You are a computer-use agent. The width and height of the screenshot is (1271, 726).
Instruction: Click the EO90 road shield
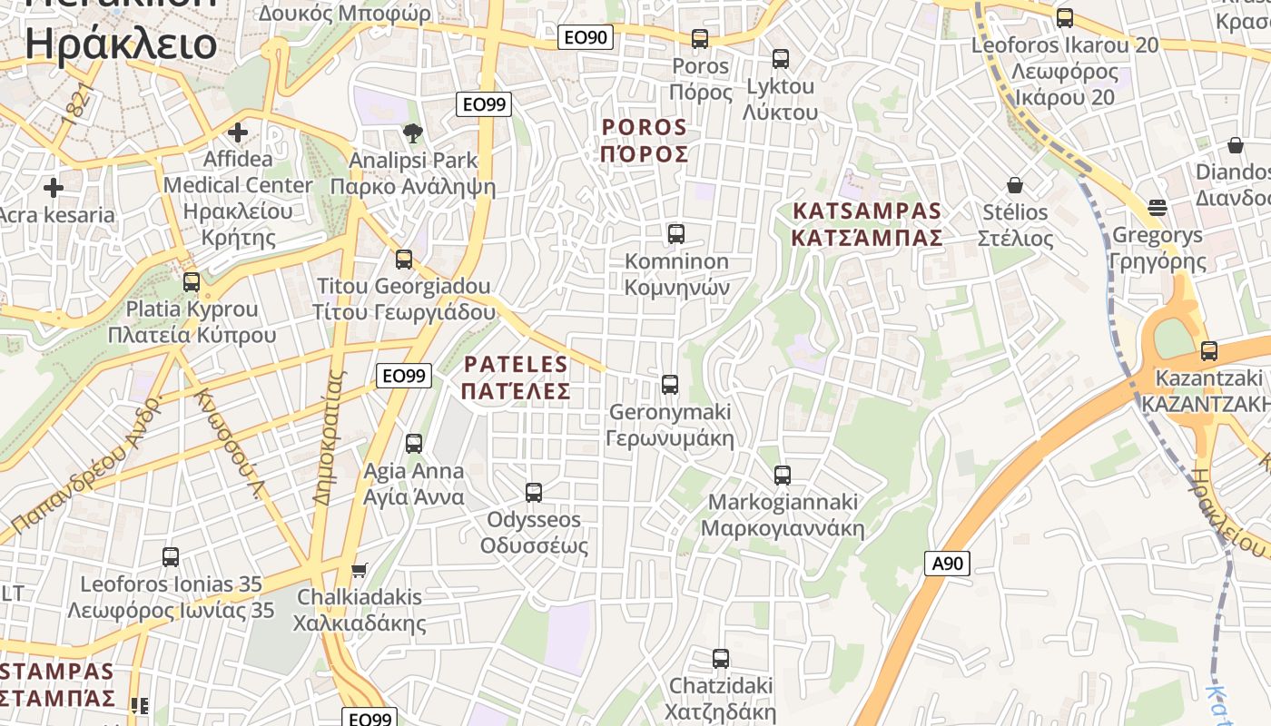click(586, 37)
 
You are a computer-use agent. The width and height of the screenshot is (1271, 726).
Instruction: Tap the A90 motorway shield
click(947, 564)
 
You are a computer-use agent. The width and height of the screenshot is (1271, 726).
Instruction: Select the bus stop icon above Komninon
click(676, 234)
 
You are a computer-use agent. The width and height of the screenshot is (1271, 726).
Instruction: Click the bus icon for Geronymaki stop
click(670, 385)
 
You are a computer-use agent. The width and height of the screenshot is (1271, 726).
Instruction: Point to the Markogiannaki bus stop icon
click(782, 475)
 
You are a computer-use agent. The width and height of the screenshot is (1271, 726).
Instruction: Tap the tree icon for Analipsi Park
click(413, 133)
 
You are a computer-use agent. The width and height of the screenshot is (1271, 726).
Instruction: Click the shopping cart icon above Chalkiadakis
click(360, 570)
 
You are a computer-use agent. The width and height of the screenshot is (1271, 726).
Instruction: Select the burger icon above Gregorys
click(1157, 208)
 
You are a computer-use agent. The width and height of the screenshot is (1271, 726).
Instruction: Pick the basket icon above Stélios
click(1015, 185)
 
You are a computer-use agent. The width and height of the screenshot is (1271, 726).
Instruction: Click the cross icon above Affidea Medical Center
click(238, 132)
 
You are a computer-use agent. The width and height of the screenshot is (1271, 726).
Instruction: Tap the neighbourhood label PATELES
click(516, 365)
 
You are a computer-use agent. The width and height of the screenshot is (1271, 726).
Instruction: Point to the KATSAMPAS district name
click(867, 211)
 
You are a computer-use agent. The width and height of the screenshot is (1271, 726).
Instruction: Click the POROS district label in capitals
click(645, 126)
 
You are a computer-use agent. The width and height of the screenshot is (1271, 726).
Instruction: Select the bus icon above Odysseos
click(534, 493)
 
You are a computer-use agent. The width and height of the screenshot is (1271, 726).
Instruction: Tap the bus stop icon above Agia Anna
click(414, 444)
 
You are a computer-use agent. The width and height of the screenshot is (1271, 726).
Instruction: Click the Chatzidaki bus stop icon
click(721, 658)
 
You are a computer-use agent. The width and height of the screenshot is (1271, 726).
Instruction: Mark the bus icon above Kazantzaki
click(1208, 351)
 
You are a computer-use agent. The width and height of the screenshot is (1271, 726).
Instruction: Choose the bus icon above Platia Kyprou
click(192, 281)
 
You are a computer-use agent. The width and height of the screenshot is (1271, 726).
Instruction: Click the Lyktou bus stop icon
click(781, 59)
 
